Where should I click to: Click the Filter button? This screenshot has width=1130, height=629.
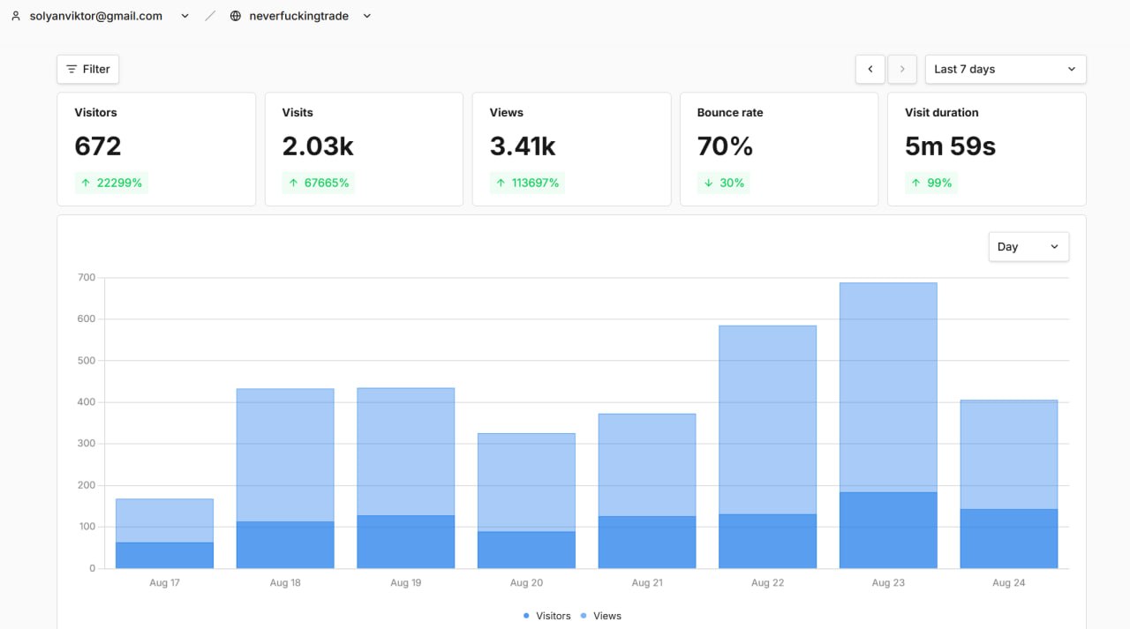[x=87, y=69]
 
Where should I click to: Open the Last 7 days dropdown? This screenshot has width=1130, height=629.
[x=1006, y=69]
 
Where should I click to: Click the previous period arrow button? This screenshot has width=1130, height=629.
[x=870, y=69]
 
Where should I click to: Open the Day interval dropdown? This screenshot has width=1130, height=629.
[x=1028, y=246]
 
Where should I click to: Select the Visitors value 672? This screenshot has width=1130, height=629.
[x=98, y=146]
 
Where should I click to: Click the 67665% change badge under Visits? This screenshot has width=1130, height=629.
[x=319, y=183]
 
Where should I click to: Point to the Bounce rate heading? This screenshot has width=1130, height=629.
[x=730, y=112]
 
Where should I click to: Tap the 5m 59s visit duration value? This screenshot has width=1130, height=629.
[x=951, y=146]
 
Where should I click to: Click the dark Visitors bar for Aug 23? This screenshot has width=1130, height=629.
[x=888, y=530]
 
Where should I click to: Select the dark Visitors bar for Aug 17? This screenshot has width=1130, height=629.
[x=164, y=556]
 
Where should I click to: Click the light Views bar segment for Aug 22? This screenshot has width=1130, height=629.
[x=768, y=420]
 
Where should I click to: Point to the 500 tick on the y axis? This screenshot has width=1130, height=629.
[x=87, y=360]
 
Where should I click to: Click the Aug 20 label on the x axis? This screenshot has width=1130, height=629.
[x=526, y=582]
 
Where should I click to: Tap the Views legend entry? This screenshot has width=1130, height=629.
[x=601, y=616]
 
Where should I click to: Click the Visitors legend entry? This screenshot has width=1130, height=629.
[x=546, y=616]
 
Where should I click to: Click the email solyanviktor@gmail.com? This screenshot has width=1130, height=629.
[x=96, y=16]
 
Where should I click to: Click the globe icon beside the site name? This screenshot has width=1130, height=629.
[x=235, y=16]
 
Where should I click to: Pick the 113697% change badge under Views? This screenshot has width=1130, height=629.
[x=527, y=183]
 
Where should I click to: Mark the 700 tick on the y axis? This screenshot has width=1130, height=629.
[x=87, y=277]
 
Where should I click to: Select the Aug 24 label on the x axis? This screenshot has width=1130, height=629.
[x=1008, y=582]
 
